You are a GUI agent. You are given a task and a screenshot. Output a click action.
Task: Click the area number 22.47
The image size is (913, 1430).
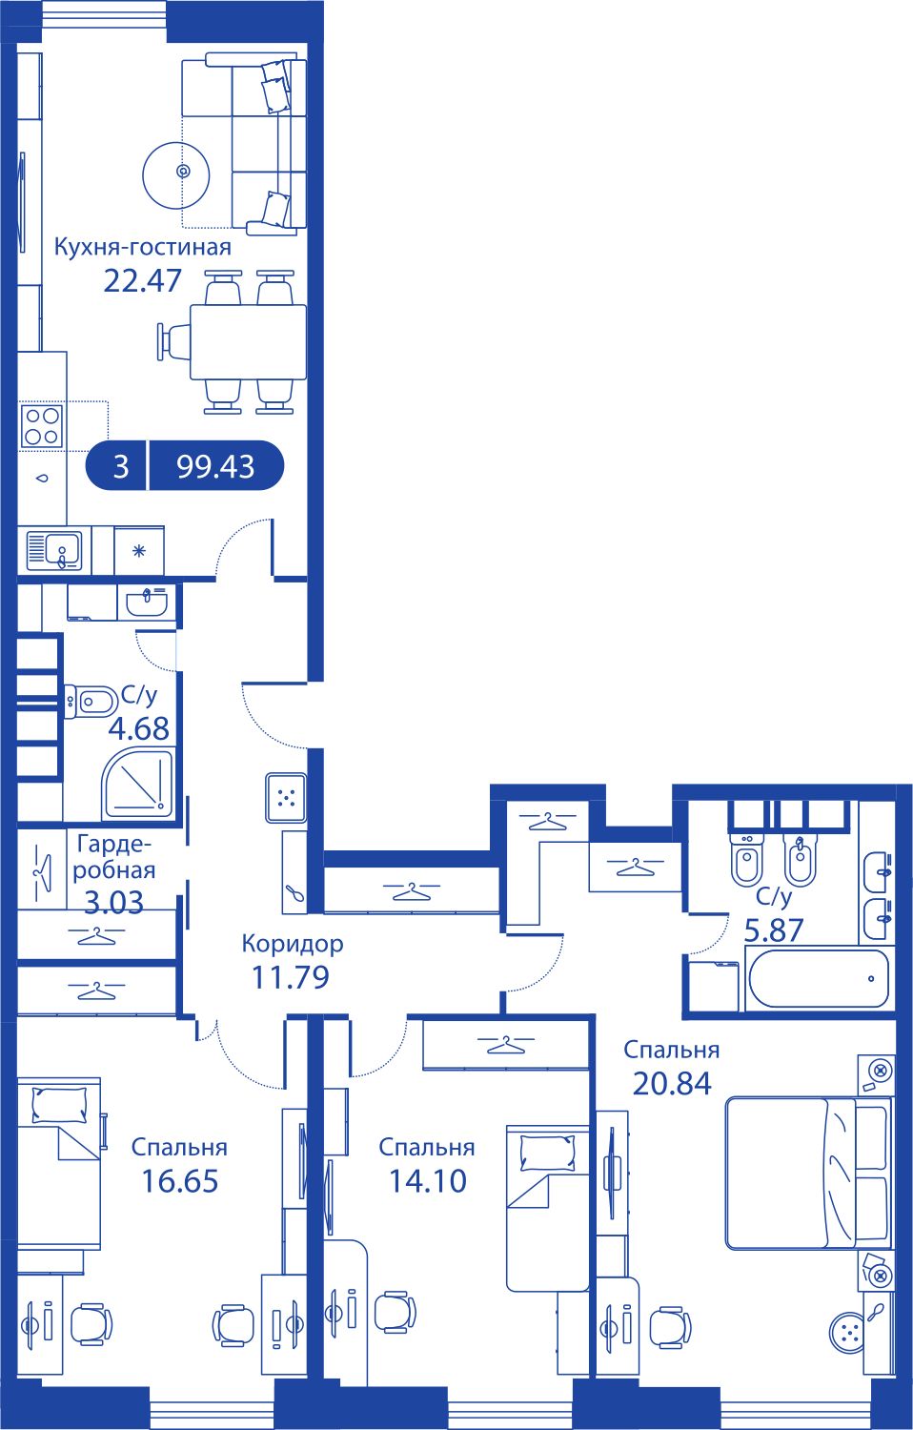tap(142, 280)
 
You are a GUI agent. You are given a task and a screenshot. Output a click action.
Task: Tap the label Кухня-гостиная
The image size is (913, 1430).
tap(142, 247)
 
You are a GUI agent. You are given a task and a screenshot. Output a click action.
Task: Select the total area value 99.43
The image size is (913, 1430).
tap(215, 467)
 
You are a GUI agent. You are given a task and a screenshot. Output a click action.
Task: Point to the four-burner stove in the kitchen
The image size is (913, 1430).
tap(42, 426)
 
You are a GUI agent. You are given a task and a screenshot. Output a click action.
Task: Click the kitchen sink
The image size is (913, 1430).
tap(55, 550)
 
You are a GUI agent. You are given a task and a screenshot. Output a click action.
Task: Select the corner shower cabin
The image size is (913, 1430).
tap(138, 785)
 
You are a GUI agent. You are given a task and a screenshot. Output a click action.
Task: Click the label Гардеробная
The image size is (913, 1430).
tap(114, 857)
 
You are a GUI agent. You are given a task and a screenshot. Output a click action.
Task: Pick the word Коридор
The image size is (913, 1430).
tap(293, 943)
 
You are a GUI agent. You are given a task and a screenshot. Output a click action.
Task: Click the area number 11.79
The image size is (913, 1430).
tap(291, 977)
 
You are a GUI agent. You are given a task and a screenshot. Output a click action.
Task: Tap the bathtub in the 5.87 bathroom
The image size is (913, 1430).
tap(819, 979)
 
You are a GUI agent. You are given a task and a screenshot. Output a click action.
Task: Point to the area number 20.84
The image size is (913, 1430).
tap(672, 1083)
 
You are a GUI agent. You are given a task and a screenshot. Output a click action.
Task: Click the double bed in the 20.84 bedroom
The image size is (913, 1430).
tap(809, 1174)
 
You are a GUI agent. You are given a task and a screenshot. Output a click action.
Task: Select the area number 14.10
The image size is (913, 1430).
tap(428, 1181)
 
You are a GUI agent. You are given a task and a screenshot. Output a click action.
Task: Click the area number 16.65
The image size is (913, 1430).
tap(180, 1182)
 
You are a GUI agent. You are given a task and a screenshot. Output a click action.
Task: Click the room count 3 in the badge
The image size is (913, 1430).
tap(121, 467)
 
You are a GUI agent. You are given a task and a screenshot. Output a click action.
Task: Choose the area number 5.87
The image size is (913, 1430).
tap(773, 930)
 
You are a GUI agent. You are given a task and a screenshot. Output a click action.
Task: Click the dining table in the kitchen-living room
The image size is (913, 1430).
tap(248, 342)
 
